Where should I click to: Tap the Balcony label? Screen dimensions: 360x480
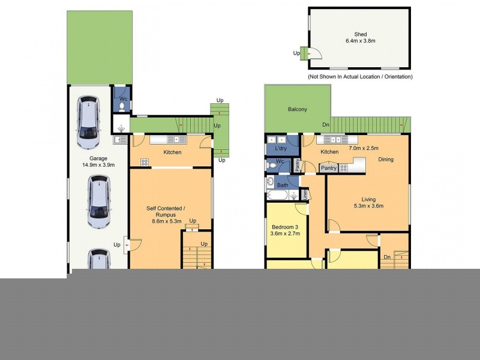(297, 109)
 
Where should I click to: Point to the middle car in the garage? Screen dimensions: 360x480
(99, 202)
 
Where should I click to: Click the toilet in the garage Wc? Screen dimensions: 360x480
(122, 107)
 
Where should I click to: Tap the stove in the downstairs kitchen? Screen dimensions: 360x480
(145, 162)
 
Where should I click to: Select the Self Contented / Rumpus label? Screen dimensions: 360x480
(166, 212)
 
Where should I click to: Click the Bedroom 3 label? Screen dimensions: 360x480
(285, 227)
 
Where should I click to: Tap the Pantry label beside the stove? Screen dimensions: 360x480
(328, 168)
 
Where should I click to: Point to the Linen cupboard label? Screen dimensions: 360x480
(305, 194)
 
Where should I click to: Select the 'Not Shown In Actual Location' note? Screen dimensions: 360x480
(360, 77)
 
